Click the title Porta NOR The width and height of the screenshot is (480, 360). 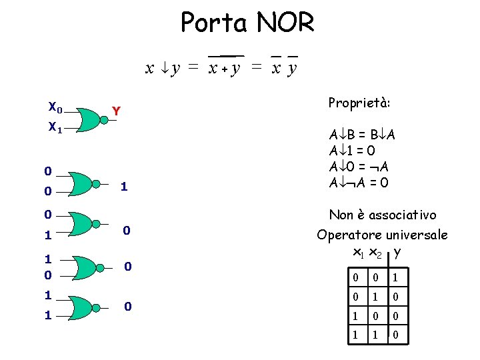(x=247, y=23)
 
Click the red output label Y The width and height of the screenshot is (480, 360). (x=116, y=111)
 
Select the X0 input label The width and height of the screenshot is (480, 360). (x=56, y=107)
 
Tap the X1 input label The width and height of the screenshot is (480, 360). (x=56, y=126)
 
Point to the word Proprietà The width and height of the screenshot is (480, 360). (x=359, y=103)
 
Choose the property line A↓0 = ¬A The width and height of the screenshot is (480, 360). (x=359, y=166)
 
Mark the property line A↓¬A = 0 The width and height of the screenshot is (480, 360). (x=359, y=182)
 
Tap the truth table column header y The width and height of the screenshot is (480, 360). (x=397, y=252)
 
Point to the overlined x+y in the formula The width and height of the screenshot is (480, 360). (x=225, y=67)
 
